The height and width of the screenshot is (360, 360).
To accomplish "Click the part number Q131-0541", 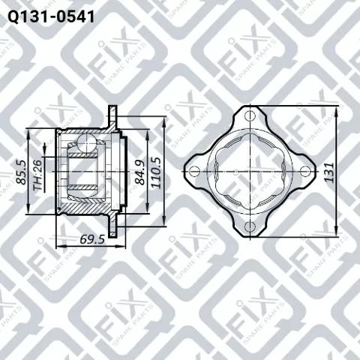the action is point(51,17).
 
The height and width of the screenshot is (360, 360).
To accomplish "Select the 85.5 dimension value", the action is point(22,172).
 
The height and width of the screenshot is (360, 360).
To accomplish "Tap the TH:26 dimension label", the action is point(37,175).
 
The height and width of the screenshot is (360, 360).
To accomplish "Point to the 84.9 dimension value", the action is point(141,172).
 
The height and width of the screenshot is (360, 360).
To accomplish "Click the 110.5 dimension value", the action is point(156,172).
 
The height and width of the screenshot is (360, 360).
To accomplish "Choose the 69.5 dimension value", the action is point(92,239).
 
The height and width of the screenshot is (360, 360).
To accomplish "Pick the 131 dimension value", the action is point(329,172).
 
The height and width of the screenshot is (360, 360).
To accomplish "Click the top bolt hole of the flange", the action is point(250,116).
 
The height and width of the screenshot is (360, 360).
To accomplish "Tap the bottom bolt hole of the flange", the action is point(250,226).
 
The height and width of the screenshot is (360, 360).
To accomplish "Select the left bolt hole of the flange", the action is point(194,172).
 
